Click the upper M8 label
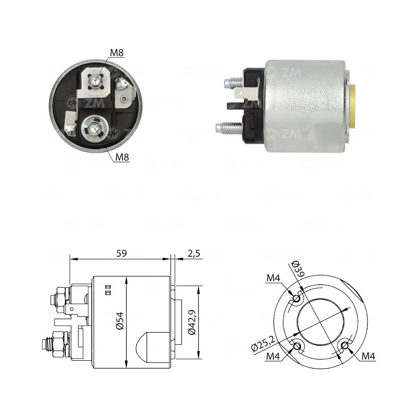117,53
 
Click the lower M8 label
122,157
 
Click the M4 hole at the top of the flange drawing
296,299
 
